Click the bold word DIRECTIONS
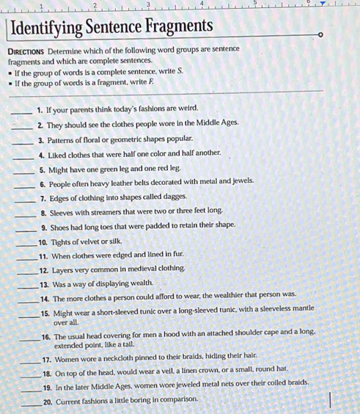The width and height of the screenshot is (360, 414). click(x=34, y=48)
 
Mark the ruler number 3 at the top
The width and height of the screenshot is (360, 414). click(x=147, y=5)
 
